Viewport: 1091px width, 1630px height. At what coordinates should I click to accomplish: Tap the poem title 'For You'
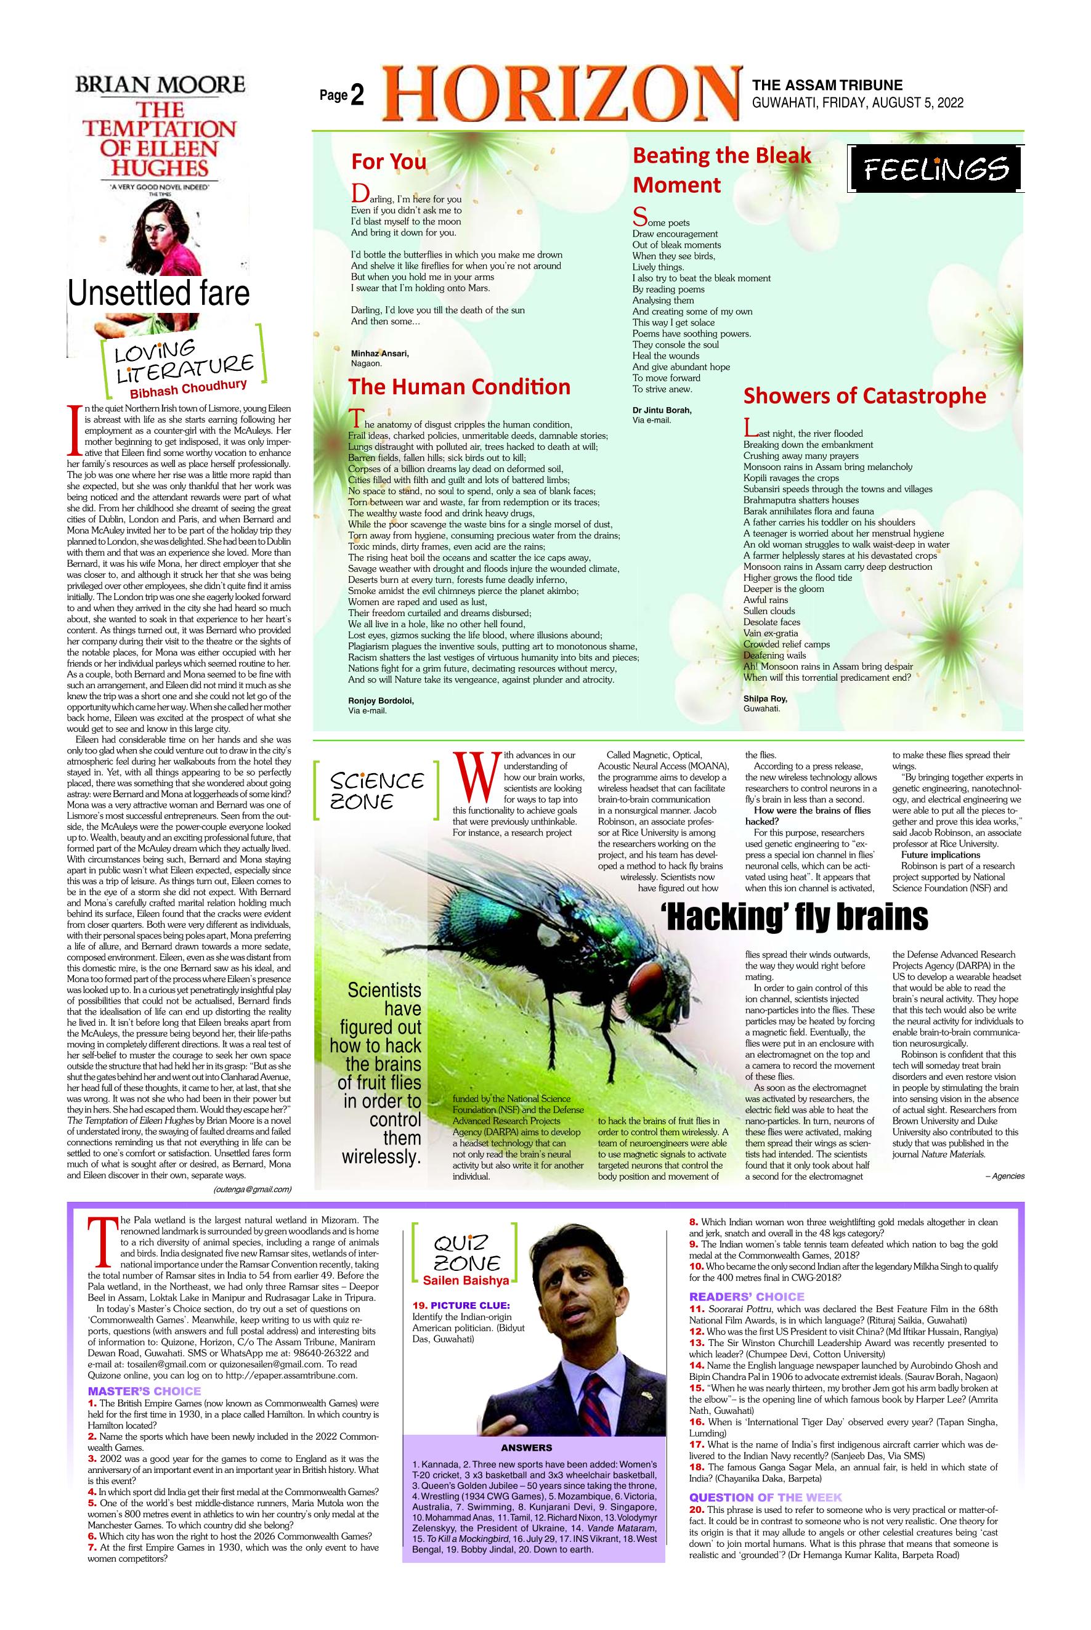point(388,161)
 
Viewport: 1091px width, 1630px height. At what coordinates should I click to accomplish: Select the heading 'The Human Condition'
point(459,387)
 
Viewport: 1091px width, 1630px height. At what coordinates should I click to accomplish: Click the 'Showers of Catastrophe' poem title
point(865,396)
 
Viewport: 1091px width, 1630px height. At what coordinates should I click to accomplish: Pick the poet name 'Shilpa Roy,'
point(763,699)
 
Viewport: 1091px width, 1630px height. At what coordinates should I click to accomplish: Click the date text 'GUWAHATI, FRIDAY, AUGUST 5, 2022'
point(858,103)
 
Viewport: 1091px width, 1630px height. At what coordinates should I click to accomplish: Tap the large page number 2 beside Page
point(358,96)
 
